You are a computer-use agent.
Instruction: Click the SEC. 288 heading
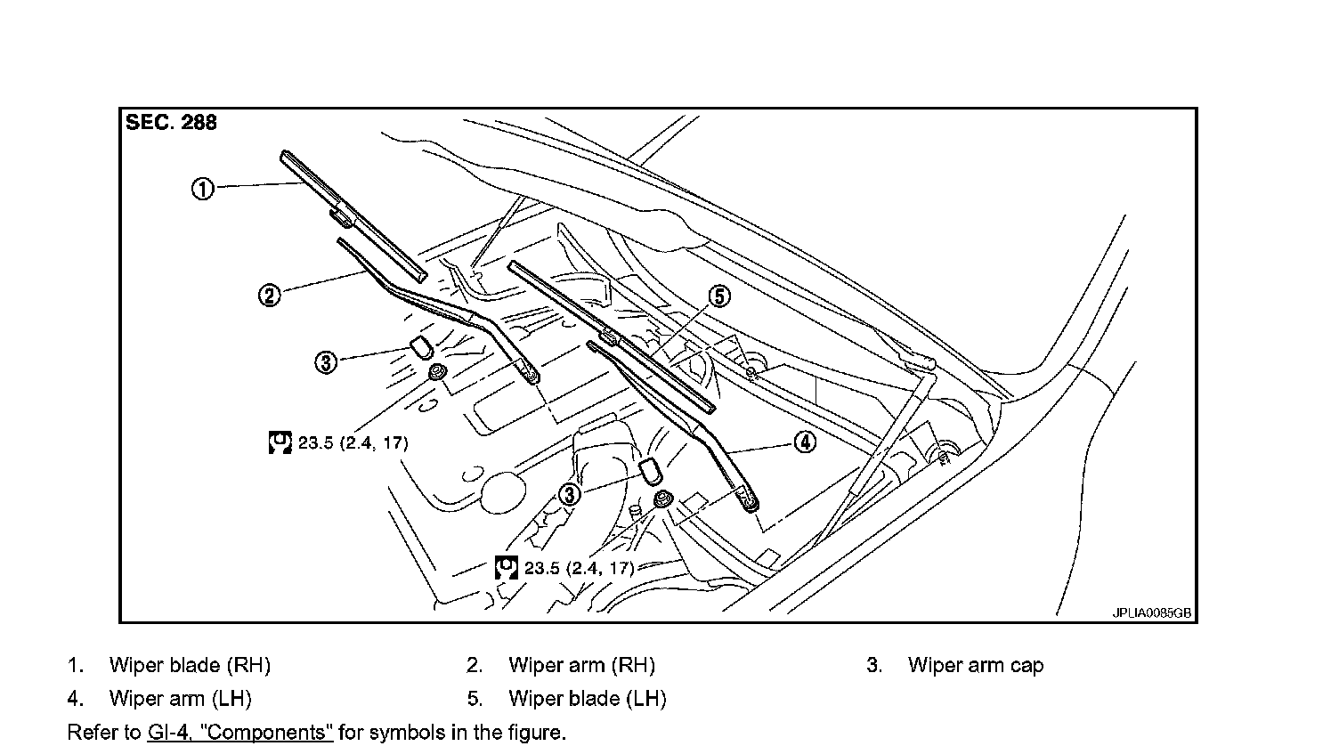[x=171, y=123]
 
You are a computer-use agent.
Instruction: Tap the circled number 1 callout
[x=203, y=190]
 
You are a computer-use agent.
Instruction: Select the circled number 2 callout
[x=268, y=295]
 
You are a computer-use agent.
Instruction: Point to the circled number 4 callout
[x=804, y=442]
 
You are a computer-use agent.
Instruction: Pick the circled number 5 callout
[x=718, y=296]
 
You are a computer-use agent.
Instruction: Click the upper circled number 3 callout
[x=327, y=362]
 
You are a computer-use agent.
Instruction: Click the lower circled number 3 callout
[x=570, y=494]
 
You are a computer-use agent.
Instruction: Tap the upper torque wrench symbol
[x=280, y=442]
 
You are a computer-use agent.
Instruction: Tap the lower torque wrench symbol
[x=507, y=567]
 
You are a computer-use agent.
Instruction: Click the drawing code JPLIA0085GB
[x=1151, y=612]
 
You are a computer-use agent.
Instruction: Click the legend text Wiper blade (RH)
[x=189, y=665]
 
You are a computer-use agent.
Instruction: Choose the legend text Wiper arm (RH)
[x=581, y=665]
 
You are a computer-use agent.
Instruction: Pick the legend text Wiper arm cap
[x=976, y=665]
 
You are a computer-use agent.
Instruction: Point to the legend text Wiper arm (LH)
[x=180, y=699]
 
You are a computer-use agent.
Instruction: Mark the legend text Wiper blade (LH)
[x=587, y=699]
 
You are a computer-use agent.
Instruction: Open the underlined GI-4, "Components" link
[x=238, y=733]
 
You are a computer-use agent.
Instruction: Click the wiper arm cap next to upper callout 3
[x=420, y=345]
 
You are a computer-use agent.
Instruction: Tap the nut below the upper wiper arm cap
[x=437, y=373]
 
